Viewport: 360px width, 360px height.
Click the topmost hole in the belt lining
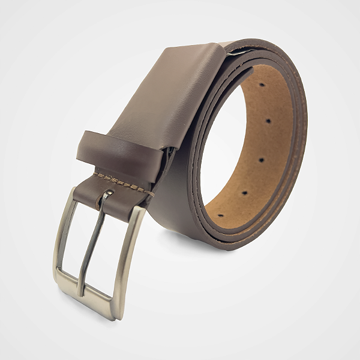click(262, 85)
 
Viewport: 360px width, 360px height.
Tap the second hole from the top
click(268, 121)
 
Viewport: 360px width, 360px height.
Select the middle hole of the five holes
click(261, 160)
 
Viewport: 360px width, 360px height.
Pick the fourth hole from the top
click(244, 193)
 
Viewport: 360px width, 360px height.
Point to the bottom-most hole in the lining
click(220, 215)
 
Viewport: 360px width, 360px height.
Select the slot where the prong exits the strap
click(107, 194)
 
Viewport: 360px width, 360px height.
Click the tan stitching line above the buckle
click(120, 181)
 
